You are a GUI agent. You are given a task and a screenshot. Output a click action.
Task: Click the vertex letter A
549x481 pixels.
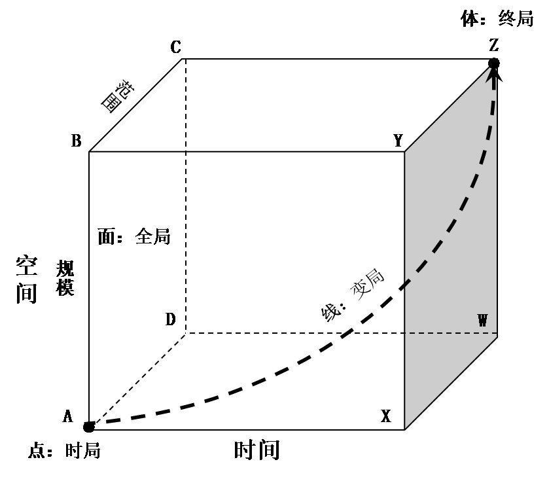click(67, 416)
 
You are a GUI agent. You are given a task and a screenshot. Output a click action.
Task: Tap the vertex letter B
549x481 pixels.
click(76, 141)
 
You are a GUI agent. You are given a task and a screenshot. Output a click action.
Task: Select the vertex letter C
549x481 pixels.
click(175, 47)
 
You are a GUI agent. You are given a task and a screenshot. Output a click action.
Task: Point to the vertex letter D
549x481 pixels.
click(170, 319)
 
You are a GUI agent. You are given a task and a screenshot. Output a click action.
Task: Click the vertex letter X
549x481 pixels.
click(386, 416)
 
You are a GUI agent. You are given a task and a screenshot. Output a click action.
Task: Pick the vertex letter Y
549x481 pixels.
click(398, 141)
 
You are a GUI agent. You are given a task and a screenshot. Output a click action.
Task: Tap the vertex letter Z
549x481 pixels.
click(494, 45)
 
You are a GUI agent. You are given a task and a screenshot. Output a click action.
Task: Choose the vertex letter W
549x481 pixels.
click(482, 320)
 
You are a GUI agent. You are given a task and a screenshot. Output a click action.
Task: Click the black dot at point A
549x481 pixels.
click(89, 427)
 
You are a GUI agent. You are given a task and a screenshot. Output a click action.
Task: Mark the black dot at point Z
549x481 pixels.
click(494, 63)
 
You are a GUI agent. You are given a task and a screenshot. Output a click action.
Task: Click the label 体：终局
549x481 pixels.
click(497, 19)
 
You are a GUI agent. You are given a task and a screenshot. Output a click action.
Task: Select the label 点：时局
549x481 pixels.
click(64, 451)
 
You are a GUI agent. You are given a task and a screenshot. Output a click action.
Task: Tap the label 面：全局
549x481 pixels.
click(134, 236)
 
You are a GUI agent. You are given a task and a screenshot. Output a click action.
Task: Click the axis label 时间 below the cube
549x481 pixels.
click(257, 450)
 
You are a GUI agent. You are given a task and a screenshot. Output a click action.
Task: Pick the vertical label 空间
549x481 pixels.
click(27, 279)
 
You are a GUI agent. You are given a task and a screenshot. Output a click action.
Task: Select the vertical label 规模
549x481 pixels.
click(65, 278)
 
